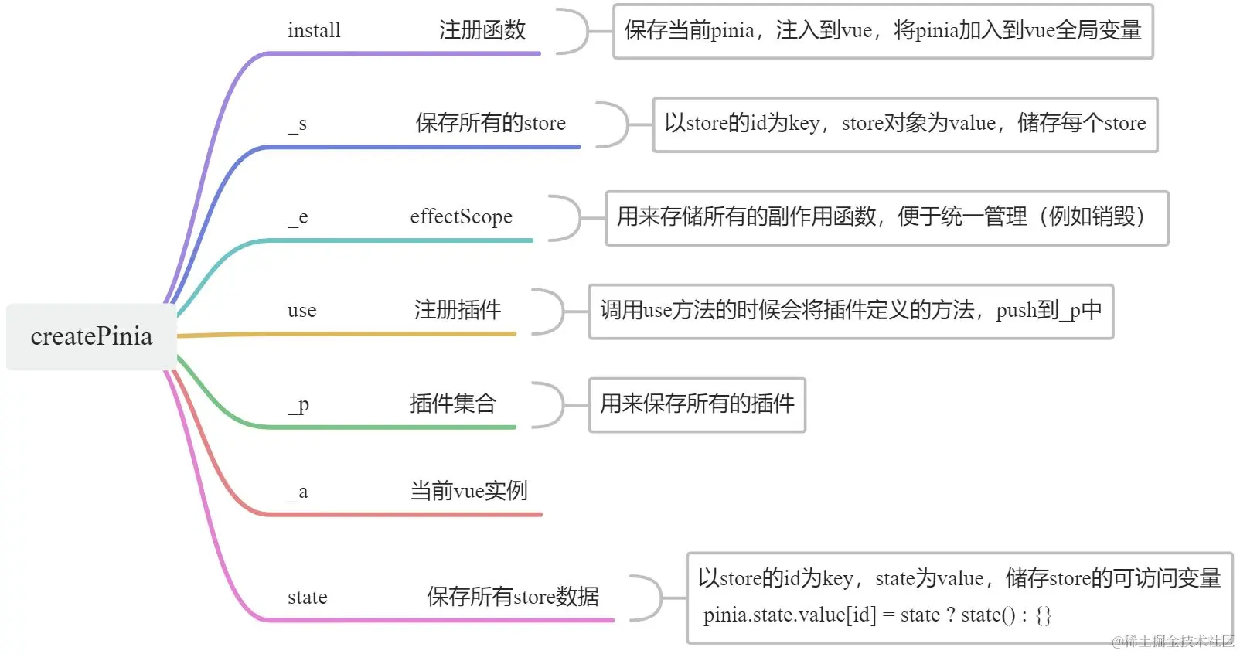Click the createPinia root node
91,336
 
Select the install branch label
314,31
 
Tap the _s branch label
298,124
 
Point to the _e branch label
298,218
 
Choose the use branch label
301,311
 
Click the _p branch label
299,404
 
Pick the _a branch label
298,492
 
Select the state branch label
307,598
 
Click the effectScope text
461,217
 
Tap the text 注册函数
482,31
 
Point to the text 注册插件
457,311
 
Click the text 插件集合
452,404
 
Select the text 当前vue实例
468,491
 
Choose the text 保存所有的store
490,124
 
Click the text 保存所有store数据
513,597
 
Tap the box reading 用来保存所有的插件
697,404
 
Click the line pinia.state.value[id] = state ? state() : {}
877,615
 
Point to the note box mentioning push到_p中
850,312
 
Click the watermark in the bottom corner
1173,641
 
